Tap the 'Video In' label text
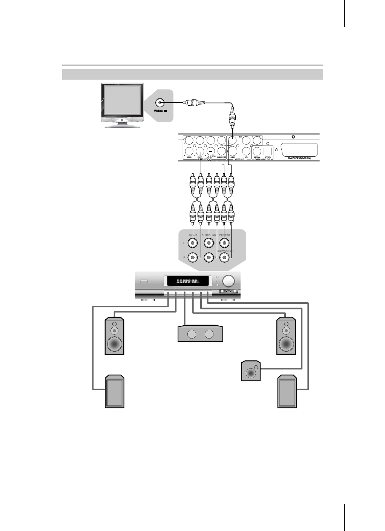[160, 111]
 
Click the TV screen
[122, 100]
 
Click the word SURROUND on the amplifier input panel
[209, 235]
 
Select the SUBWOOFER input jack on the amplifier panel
[225, 258]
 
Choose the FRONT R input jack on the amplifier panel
[193, 258]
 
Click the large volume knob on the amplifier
[228, 281]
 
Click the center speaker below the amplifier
[200, 334]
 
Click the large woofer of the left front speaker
[114, 344]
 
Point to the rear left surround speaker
[114, 392]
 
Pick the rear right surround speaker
[287, 392]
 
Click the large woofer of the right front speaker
[286, 344]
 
